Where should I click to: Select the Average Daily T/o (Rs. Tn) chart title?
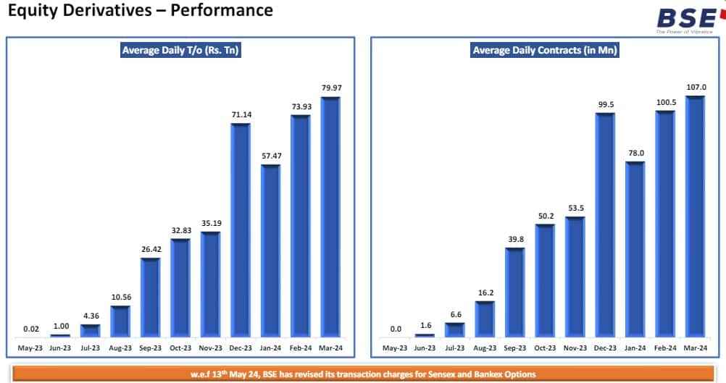[180, 51]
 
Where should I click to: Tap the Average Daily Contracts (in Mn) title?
[545, 51]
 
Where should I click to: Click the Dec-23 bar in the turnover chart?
[240, 230]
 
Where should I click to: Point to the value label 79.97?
[330, 88]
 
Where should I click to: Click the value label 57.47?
[270, 156]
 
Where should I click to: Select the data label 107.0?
[696, 87]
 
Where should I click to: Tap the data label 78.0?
[635, 153]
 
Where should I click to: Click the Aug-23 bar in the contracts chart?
[485, 319]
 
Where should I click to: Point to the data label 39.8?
[514, 239]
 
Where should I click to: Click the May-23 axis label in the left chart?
[30, 348]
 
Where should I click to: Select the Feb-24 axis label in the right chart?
[665, 348]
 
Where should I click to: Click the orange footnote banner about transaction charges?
[362, 374]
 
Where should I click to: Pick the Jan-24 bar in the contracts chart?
[635, 250]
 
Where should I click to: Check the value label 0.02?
[30, 329]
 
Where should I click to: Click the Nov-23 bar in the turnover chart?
[210, 285]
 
